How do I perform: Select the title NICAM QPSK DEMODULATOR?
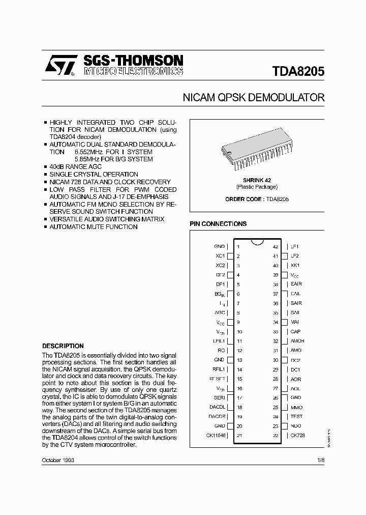point(253,98)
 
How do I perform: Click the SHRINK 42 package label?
point(257,180)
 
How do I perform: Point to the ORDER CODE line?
point(257,199)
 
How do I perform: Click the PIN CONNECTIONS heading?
point(218,224)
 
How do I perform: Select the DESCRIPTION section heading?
point(63,346)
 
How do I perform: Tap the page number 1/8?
point(320,460)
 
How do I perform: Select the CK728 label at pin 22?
point(298,436)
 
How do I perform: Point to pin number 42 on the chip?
point(276,246)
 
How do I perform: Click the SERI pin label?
point(219,397)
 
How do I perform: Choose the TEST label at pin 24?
point(296,416)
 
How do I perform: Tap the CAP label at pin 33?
point(295,331)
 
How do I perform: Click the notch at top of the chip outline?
point(257,240)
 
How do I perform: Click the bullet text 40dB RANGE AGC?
point(75,167)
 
